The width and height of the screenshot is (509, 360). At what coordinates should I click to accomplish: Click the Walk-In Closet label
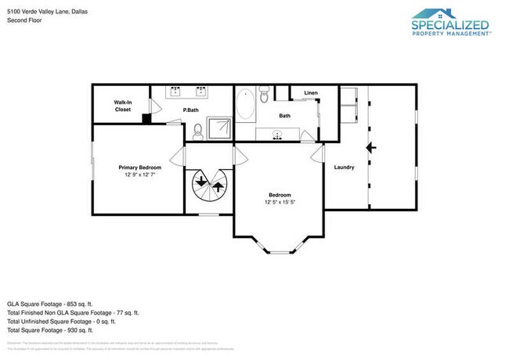[122, 106]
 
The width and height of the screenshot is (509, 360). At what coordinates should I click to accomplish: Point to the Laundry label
[344, 167]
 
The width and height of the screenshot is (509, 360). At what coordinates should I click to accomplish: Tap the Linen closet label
[311, 94]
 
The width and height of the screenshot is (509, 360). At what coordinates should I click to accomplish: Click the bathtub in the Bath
[246, 104]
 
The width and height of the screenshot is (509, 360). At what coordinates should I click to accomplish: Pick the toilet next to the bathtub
[265, 95]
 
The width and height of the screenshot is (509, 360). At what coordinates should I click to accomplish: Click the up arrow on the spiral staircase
[216, 188]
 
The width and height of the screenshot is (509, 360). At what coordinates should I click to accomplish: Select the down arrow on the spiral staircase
[202, 184]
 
